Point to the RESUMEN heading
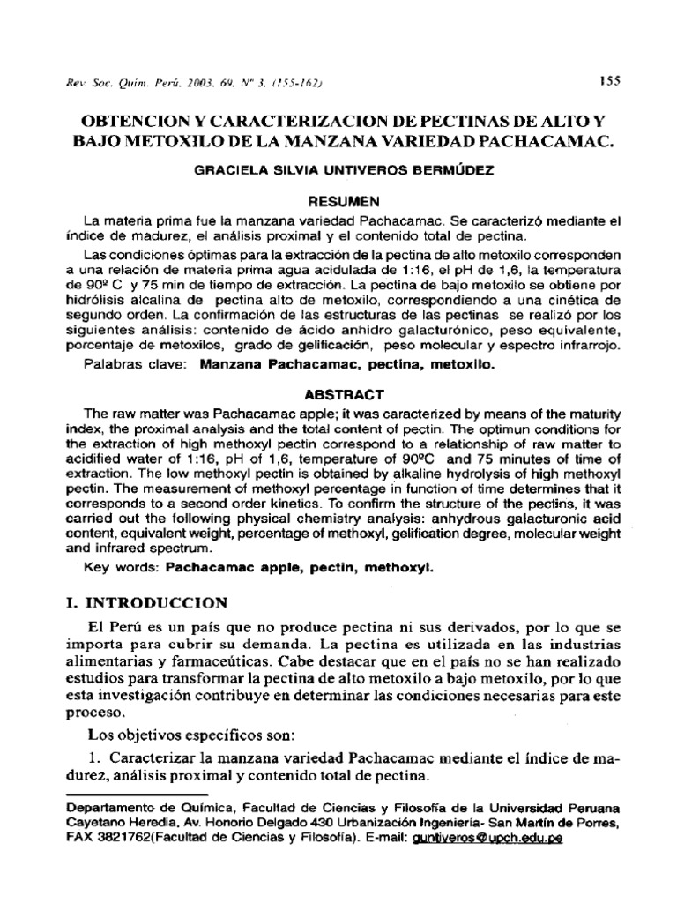pyautogui.click(x=338, y=200)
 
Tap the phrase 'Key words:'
pyautogui.click(x=121, y=570)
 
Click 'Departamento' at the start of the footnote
pyautogui.click(x=111, y=808)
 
